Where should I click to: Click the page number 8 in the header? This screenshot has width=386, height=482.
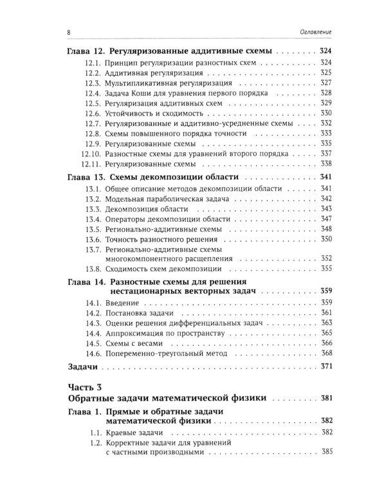tap(69, 32)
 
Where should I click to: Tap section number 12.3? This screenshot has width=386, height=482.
tap(92, 84)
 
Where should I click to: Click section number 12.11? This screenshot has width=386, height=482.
tap(90, 164)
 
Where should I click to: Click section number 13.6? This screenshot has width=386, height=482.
tap(92, 239)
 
